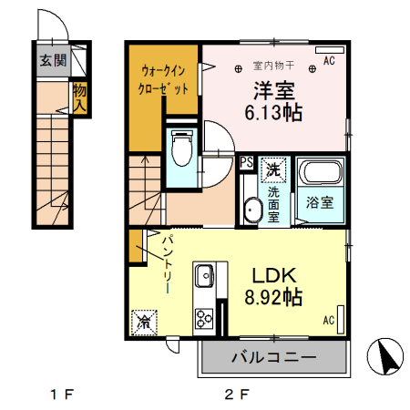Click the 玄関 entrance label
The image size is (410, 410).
click(x=52, y=61)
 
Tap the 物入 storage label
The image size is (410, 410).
click(x=79, y=98)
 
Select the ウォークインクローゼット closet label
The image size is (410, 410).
click(x=165, y=81)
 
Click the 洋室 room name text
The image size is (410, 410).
click(x=272, y=90)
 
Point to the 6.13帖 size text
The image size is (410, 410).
click(x=273, y=113)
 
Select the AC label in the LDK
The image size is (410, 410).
click(x=329, y=320)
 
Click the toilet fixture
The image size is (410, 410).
click(x=180, y=148)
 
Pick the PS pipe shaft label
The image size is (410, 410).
click(x=246, y=163)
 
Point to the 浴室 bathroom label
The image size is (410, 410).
click(x=321, y=202)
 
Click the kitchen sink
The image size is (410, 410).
click(x=203, y=273)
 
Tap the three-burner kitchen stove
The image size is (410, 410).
click(x=203, y=319)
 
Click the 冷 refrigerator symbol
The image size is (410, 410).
click(x=143, y=320)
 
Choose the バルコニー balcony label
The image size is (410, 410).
click(x=272, y=357)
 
